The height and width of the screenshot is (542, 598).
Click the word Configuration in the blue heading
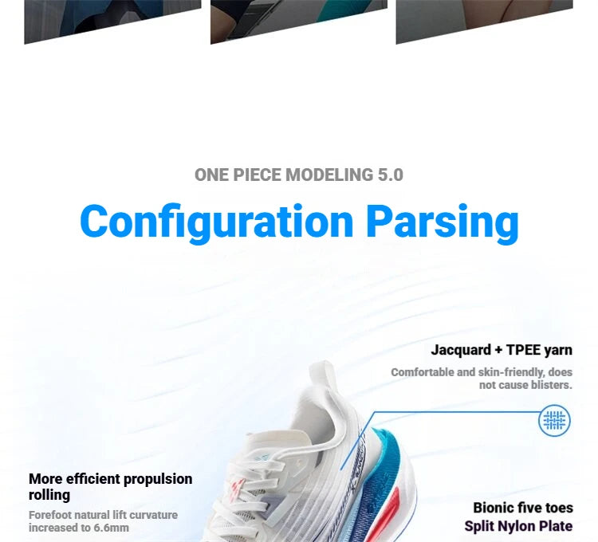point(217,223)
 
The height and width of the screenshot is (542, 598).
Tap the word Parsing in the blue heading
point(443,223)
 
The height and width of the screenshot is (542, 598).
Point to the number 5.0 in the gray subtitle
point(391,175)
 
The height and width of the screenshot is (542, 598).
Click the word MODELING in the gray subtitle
point(329,175)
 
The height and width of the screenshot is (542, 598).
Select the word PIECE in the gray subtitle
point(257,175)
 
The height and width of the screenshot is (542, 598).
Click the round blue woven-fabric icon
point(554,420)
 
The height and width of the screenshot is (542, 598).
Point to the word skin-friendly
point(511,372)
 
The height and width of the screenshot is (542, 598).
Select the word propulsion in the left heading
point(158,480)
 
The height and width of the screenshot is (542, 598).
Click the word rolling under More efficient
point(49,495)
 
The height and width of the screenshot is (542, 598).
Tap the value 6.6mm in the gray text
point(112,528)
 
